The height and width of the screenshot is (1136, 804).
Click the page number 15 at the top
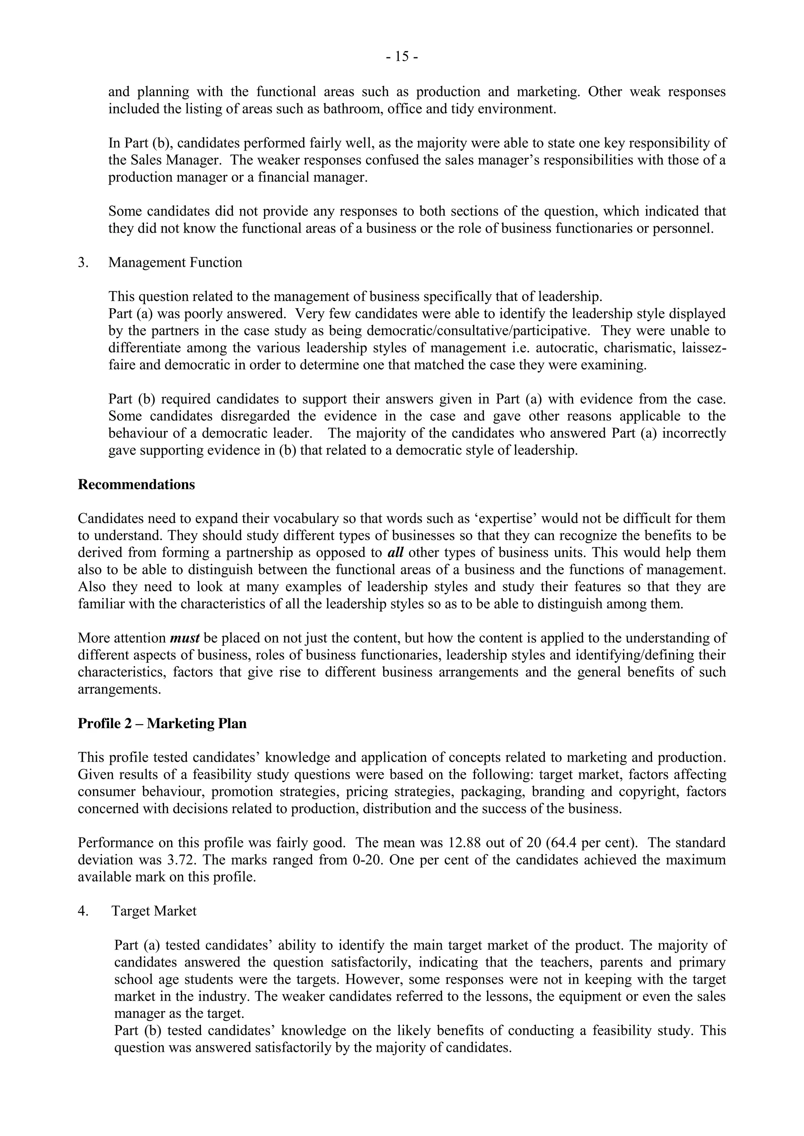402,57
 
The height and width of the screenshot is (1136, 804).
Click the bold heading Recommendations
136,484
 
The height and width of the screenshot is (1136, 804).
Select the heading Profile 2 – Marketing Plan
162,723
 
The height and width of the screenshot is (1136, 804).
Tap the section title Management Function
175,262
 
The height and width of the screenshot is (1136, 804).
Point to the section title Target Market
154,911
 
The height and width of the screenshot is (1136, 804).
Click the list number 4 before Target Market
83,911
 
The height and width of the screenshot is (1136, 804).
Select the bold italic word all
395,553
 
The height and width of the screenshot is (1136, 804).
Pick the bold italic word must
185,638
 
